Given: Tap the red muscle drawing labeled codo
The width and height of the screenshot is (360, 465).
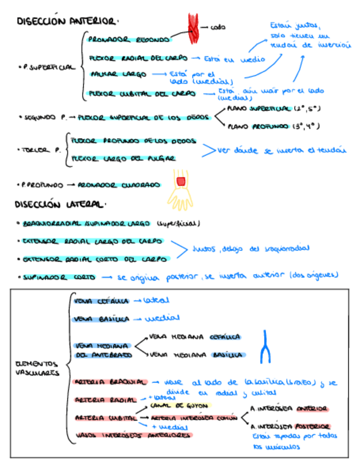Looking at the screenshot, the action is [x=194, y=25].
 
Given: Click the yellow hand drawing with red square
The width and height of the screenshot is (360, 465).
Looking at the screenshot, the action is [x=181, y=186].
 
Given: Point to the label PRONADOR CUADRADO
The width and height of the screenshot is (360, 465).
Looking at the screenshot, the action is [x=119, y=185].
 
